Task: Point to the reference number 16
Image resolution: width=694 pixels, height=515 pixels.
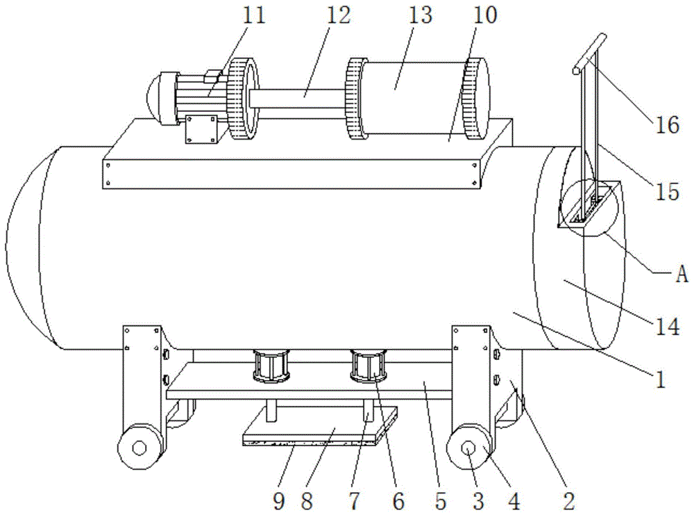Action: coord(667,124)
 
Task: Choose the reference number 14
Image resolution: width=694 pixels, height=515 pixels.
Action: coord(667,327)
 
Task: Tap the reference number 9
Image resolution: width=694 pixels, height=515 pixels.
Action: coord(279,501)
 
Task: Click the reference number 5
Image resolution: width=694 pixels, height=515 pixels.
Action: coord(441,501)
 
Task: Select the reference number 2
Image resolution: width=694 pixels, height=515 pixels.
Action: coord(569,501)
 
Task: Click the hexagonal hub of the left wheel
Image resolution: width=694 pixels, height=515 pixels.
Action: coord(139,448)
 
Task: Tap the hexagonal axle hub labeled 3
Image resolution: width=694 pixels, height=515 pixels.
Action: coord(468,448)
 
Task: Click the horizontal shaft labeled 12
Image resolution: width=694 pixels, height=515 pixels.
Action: coord(296,99)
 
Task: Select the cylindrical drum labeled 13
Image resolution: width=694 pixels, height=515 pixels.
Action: coord(414,99)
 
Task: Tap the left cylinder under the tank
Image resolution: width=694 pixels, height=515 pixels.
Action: coord(271,366)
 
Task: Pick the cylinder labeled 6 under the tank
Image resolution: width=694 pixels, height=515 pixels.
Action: coord(369,366)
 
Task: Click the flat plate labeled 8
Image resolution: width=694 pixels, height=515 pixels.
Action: coord(320,426)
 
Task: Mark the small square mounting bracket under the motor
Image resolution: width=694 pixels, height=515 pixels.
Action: coord(202,129)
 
